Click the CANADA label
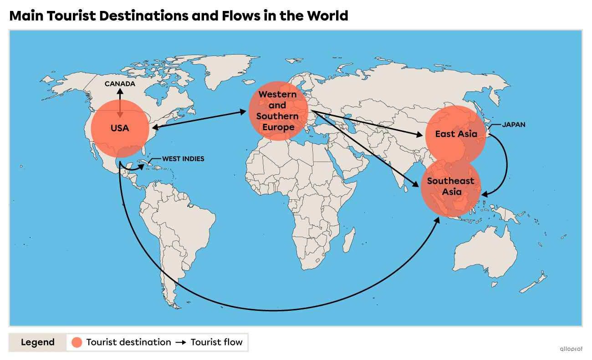click(120, 84)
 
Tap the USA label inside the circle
click(120, 128)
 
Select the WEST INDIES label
click(183, 159)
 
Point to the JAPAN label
click(514, 124)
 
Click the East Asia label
click(456, 134)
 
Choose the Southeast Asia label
click(450, 186)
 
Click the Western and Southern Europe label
click(277, 111)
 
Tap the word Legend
click(37, 342)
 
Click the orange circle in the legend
click(77, 342)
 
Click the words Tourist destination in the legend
click(128, 342)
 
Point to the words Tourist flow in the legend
click(216, 342)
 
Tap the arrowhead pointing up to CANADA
click(120, 91)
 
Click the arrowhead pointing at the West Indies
click(143, 167)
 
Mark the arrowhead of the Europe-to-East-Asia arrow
click(419, 135)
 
